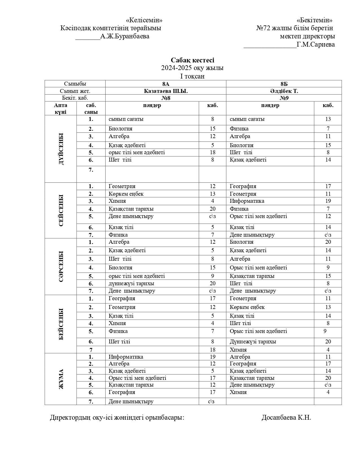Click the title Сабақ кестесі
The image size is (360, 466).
coord(192,60)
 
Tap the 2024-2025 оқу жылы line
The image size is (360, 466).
coord(192,68)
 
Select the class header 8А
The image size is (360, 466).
coord(166,84)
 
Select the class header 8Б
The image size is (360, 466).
coord(284,84)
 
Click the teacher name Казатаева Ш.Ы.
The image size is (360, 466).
coord(166,91)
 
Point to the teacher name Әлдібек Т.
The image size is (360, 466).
coord(284,91)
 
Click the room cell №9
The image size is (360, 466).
coord(284,98)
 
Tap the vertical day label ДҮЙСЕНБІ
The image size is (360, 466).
coord(61,149)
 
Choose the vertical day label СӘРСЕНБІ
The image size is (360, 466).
coord(61,266)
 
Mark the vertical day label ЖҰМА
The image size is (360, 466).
coord(61,379)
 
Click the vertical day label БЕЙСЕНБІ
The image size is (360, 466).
coord(61,324)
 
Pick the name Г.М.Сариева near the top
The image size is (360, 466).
coord(316,44)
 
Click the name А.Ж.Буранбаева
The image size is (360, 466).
coord(125,36)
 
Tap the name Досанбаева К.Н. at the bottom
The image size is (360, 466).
coord(286,417)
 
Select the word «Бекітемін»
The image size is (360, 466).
coord(314,20)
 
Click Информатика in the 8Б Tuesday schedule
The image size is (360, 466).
coord(247,201)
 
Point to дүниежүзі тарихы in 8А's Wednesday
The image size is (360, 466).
coord(131,283)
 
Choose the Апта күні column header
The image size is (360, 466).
coord(61,108)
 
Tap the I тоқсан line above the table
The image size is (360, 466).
coord(192,76)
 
